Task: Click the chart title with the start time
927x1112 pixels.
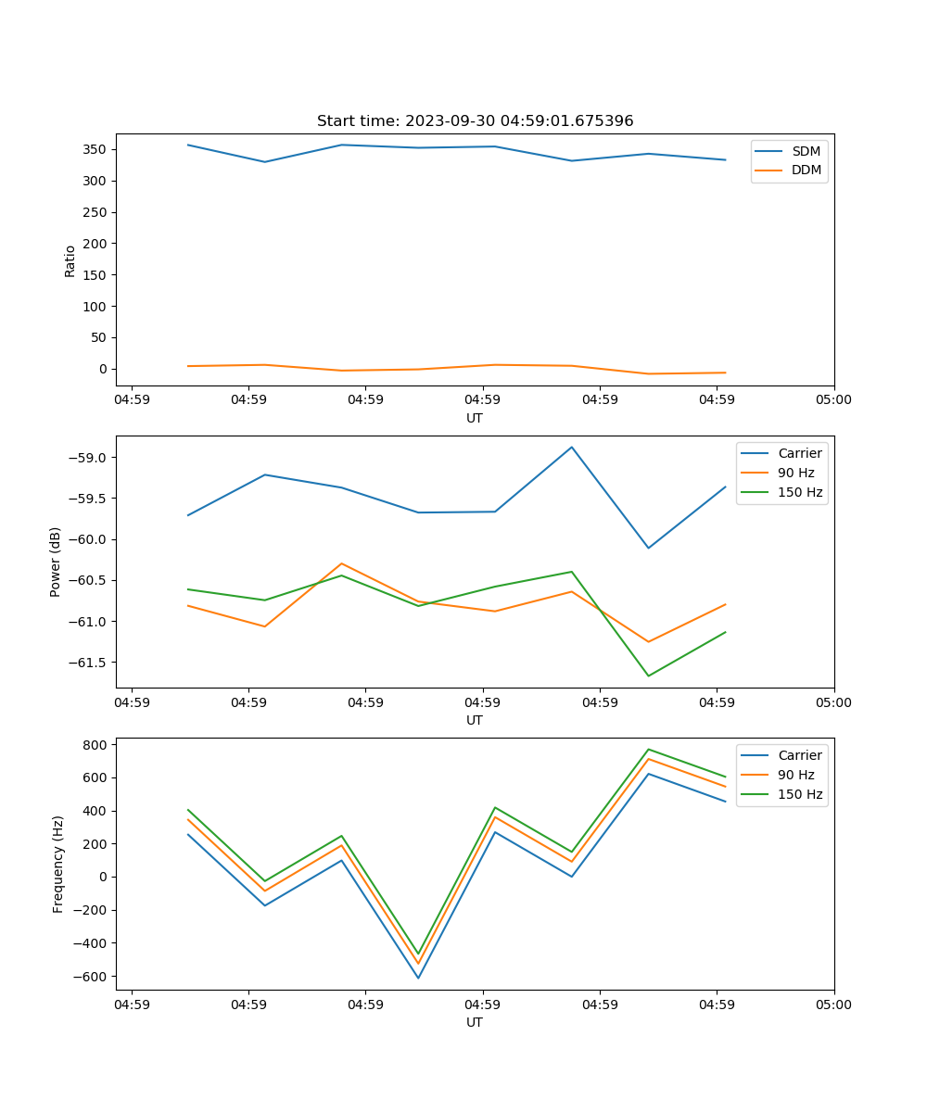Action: [x=475, y=121]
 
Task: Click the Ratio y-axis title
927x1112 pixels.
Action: [x=70, y=260]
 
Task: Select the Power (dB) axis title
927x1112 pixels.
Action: [x=56, y=562]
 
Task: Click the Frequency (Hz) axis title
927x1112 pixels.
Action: [x=58, y=864]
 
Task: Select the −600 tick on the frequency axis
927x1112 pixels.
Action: [x=93, y=977]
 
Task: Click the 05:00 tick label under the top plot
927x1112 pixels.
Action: [x=833, y=400]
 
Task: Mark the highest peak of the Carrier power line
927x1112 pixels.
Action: [x=572, y=447]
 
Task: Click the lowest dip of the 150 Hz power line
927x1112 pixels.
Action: [x=648, y=676]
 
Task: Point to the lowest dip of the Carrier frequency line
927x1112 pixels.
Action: [x=418, y=978]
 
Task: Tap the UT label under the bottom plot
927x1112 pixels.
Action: [x=475, y=1022]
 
